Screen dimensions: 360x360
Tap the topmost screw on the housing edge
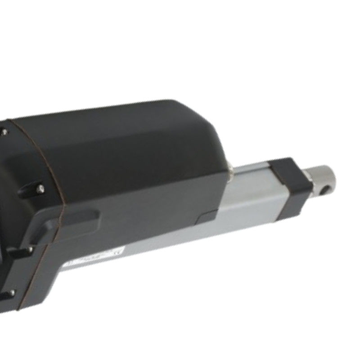(4, 132)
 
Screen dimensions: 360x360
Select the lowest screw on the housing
(11, 293)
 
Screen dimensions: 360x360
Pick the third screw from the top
(30, 249)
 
